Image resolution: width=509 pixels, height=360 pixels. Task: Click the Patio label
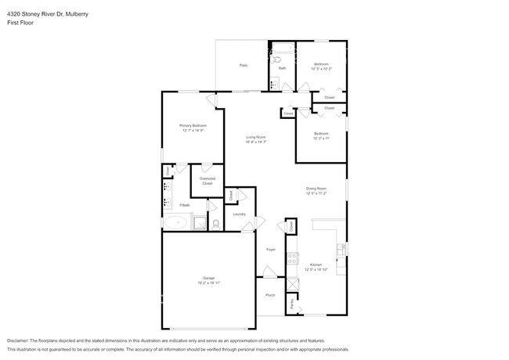[x=244, y=65]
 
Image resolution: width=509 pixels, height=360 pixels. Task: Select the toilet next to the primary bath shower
[x=215, y=224]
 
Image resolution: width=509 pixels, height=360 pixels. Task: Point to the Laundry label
[x=239, y=214]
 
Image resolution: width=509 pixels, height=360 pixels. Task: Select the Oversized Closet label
[x=207, y=181]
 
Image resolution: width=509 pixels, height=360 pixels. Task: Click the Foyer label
[x=271, y=249]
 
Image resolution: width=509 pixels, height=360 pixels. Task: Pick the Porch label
[x=270, y=295]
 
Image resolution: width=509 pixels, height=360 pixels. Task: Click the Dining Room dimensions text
[x=316, y=193]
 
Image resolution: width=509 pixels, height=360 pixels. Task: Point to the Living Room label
[x=257, y=137]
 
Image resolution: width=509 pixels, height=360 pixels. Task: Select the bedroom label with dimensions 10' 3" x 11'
[x=321, y=134]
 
